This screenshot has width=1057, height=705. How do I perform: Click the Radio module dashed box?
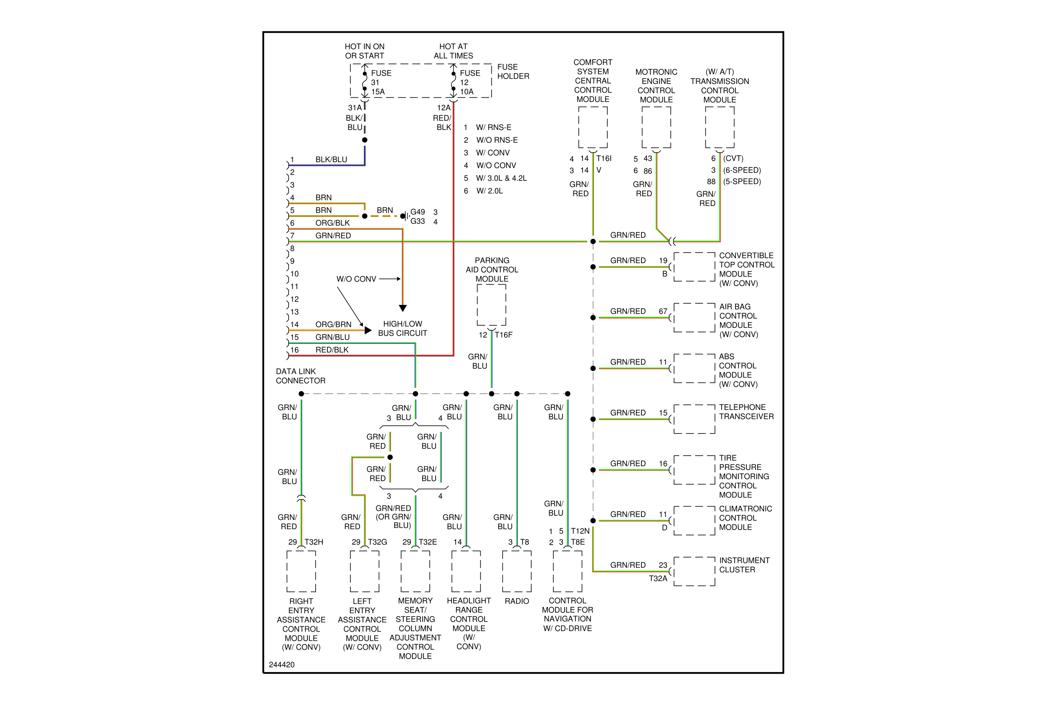(x=517, y=571)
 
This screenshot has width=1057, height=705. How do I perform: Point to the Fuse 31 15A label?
(x=381, y=82)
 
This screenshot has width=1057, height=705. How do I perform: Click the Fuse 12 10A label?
(x=469, y=82)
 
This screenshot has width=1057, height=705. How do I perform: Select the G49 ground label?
(x=417, y=212)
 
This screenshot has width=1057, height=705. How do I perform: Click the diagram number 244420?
(x=281, y=664)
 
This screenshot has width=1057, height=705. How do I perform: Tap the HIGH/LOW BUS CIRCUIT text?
(x=403, y=329)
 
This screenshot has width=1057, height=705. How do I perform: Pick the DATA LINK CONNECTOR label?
(x=300, y=376)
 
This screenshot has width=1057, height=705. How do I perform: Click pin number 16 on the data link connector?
(x=294, y=350)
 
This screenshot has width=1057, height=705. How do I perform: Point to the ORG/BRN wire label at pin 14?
(x=333, y=324)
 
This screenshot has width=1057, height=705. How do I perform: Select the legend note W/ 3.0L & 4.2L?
(x=501, y=178)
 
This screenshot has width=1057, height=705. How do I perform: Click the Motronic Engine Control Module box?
(x=656, y=127)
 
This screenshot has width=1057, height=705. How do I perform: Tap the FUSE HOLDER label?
(x=513, y=71)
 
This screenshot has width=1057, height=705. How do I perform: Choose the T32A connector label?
(x=658, y=578)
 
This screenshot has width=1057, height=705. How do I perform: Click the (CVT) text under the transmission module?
(x=733, y=158)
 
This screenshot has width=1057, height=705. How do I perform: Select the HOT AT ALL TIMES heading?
(x=453, y=51)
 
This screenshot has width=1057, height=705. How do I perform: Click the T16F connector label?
(x=504, y=335)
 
